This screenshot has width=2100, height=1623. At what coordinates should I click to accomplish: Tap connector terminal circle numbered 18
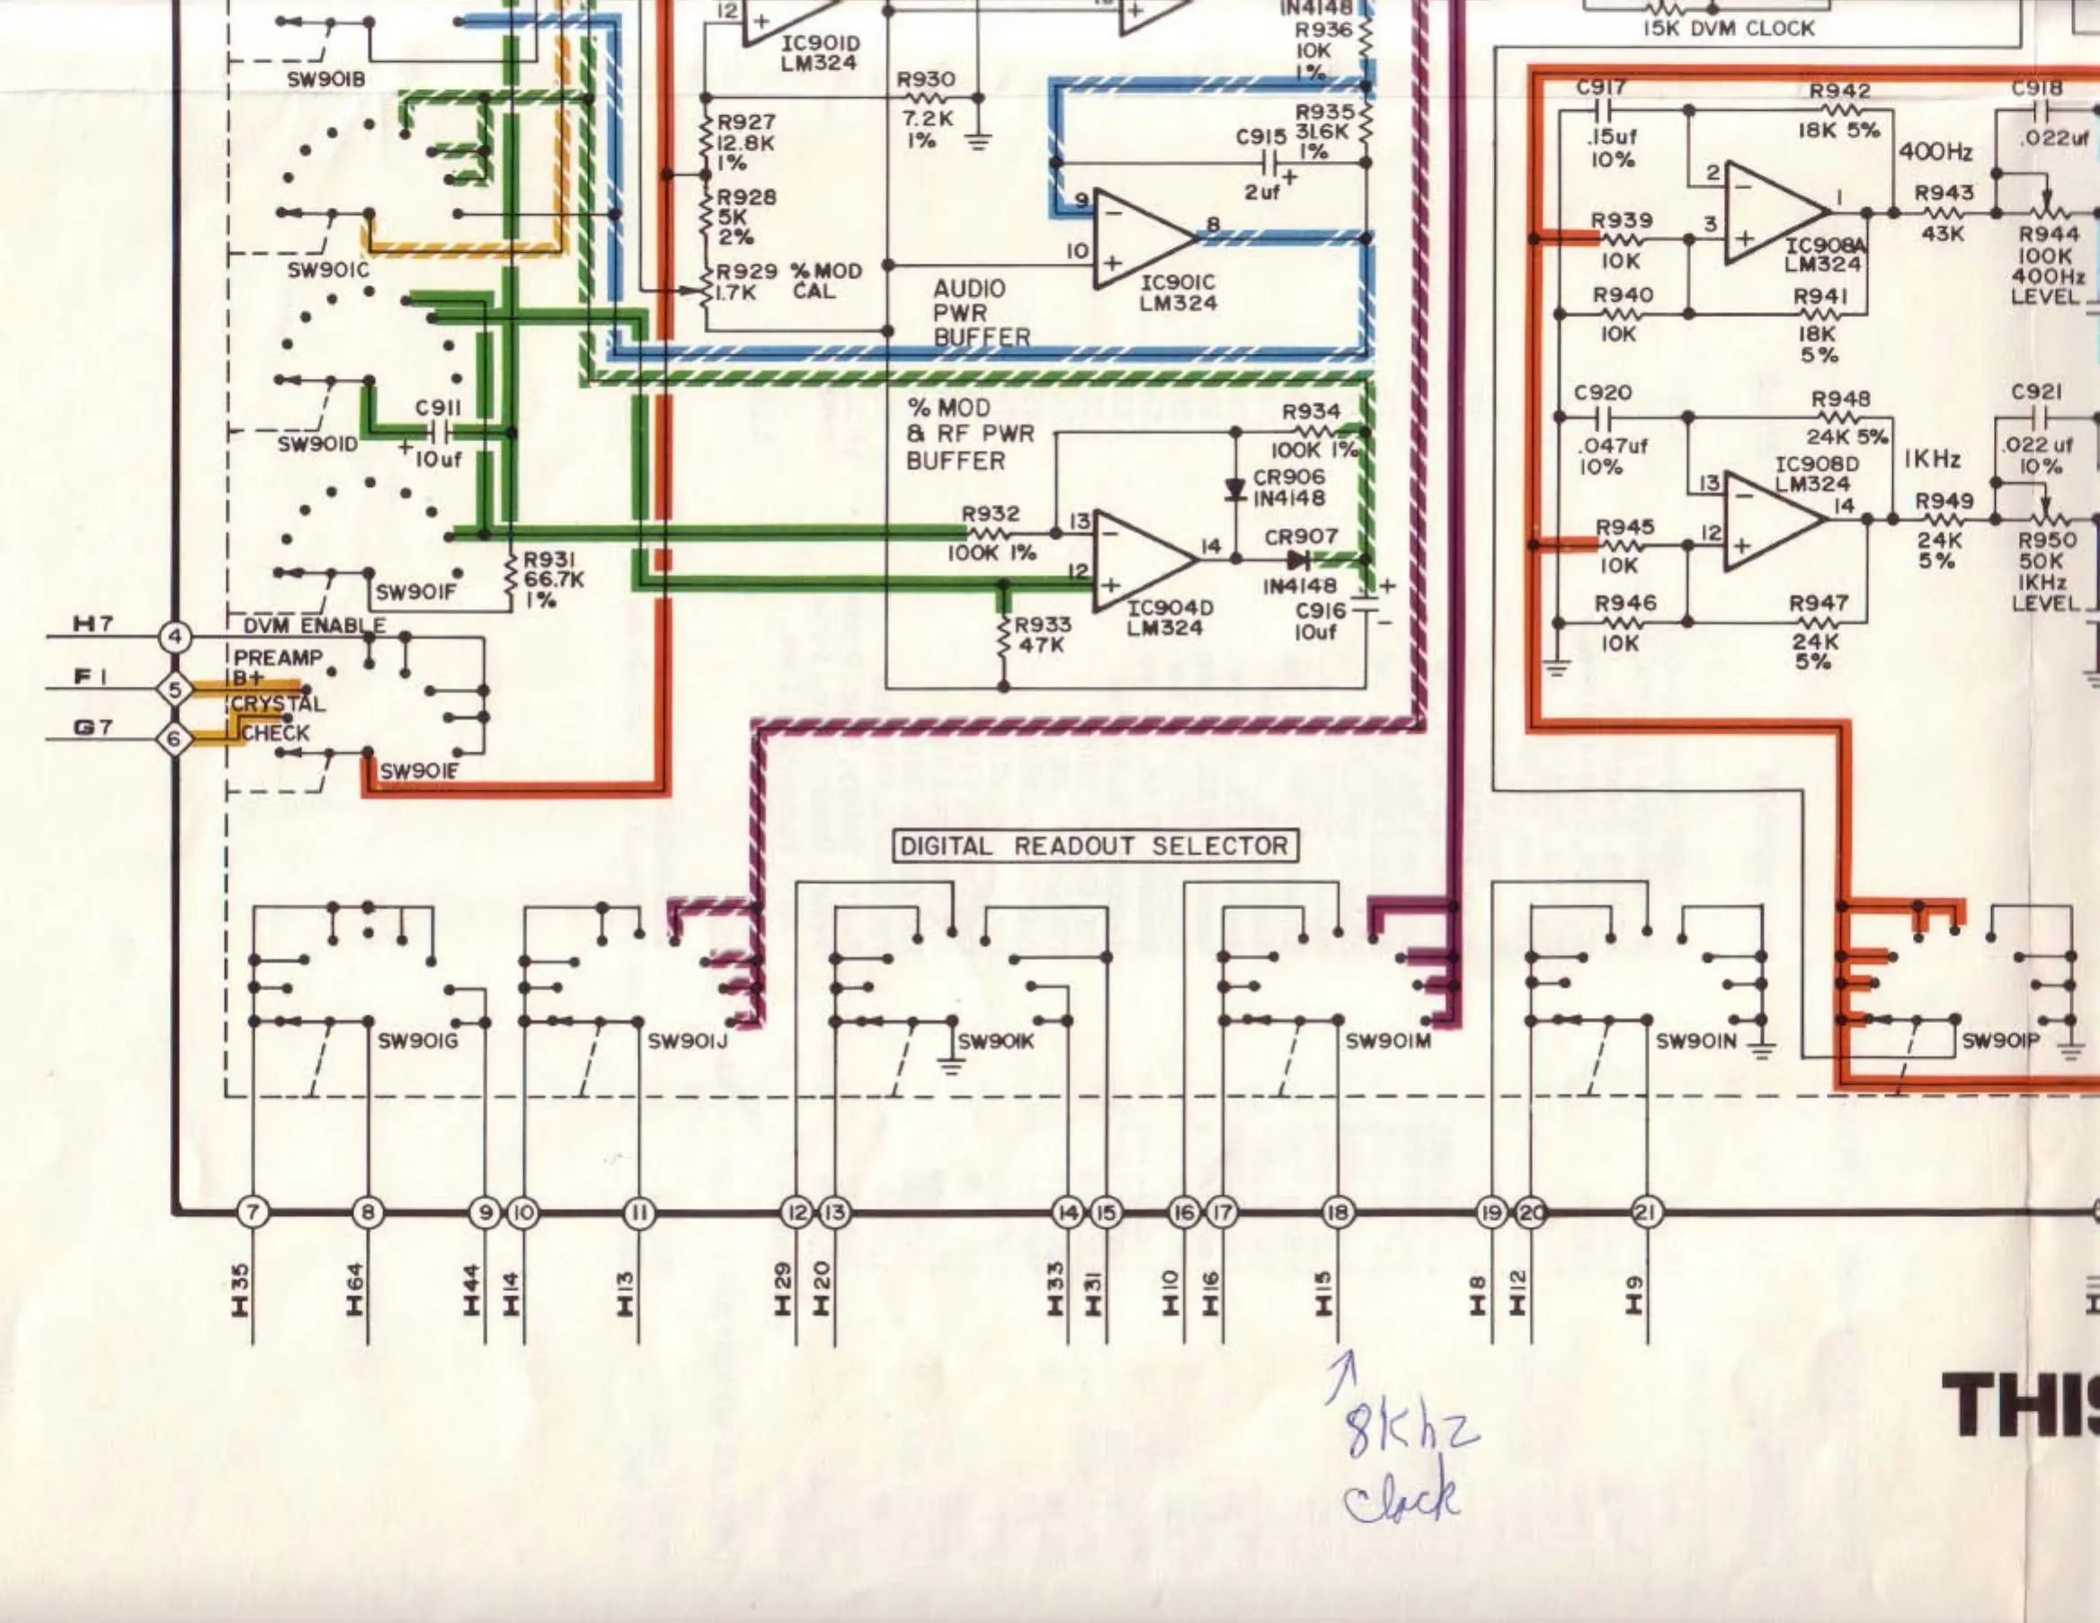[x=1338, y=1213]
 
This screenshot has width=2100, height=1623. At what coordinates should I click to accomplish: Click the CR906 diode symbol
[x=1235, y=489]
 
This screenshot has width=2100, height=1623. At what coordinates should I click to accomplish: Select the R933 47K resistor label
[x=1044, y=635]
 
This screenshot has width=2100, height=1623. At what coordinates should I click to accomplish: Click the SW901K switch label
[x=996, y=1041]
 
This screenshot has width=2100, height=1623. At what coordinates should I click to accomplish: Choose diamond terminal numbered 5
[x=175, y=689]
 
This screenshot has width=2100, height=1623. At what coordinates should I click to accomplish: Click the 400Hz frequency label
[x=1935, y=152]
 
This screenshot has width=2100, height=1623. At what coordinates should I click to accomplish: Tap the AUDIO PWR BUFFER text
[x=981, y=313]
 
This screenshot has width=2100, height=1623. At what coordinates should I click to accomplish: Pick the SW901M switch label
[x=1388, y=1041]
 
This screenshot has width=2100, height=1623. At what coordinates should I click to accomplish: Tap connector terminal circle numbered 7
[x=252, y=1213]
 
